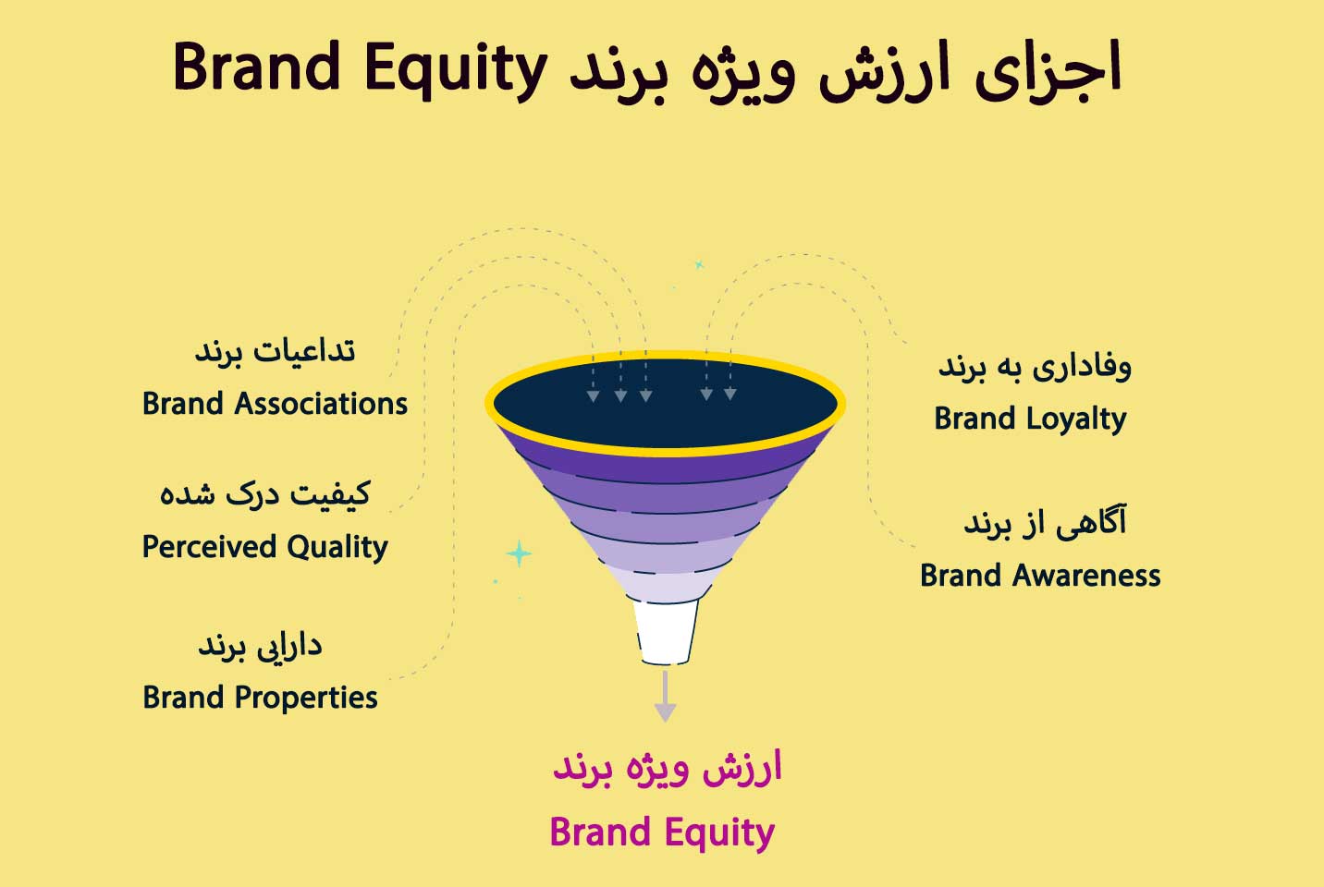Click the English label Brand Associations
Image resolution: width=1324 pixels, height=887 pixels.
coord(275,404)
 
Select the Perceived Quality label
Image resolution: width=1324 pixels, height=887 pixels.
coord(264,547)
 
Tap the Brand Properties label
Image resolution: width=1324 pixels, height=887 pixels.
coord(260,698)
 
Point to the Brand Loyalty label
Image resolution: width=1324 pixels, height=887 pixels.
coord(1030,419)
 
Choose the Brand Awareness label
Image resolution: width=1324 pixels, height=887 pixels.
coord(1040,576)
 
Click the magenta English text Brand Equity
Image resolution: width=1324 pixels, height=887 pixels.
coord(662,833)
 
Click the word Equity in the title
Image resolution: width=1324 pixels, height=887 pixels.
coord(456,71)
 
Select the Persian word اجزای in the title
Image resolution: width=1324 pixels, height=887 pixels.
coord(1048,69)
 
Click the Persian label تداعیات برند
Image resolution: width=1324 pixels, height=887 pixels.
coord(275,352)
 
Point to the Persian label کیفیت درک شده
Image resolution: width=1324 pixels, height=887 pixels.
coord(265,495)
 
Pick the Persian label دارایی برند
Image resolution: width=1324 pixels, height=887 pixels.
coord(260,646)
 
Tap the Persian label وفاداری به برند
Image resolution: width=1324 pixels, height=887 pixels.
coord(1035,367)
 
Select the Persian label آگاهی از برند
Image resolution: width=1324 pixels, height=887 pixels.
coord(1045,522)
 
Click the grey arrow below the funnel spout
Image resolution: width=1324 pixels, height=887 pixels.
coord(665,697)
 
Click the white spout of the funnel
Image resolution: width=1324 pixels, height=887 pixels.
coord(666,632)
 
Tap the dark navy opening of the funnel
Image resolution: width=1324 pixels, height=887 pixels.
coord(666,404)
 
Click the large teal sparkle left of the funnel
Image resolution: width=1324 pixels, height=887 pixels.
coord(519,554)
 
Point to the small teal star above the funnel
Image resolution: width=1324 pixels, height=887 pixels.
coord(699,264)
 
